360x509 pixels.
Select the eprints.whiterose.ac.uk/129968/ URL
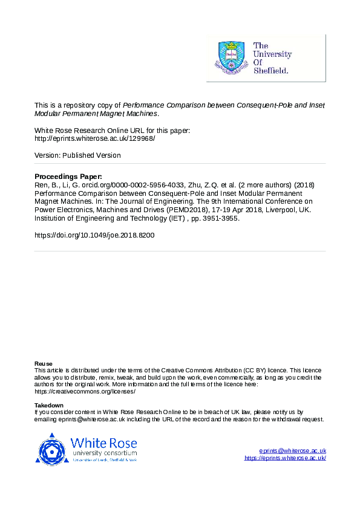click(x=95, y=138)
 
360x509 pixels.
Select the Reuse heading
click(x=44, y=363)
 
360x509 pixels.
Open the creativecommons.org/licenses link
click(x=85, y=391)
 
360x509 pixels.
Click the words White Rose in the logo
click(x=104, y=443)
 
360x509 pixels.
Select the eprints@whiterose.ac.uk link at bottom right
click(x=293, y=451)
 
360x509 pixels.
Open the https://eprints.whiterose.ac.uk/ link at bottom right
click(x=285, y=458)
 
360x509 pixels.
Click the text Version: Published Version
click(x=77, y=155)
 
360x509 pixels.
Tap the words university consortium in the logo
click(x=104, y=452)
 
